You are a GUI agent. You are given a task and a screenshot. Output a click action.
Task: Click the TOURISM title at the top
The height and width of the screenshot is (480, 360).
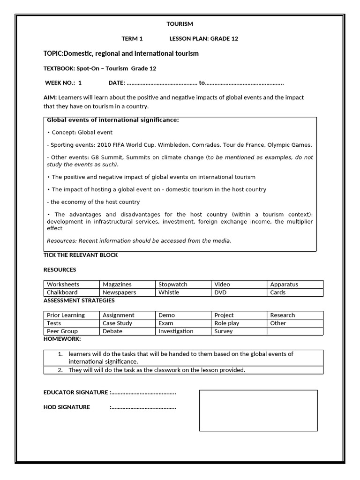pos(180,24)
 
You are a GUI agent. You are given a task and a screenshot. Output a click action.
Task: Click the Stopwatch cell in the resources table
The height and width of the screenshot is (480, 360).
pos(183,284)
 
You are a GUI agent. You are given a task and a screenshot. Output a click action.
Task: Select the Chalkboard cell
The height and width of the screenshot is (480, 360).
pos(72,292)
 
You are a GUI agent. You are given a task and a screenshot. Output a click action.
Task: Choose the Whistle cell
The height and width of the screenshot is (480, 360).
pos(183,292)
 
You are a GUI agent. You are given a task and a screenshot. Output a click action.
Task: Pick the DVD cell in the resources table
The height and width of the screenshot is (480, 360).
pos(239,292)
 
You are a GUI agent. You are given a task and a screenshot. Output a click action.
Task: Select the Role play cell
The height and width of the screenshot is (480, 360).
pos(239,323)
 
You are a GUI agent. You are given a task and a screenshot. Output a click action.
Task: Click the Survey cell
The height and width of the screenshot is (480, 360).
pos(239,331)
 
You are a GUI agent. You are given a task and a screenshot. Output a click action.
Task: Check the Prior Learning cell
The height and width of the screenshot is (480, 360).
pos(72,315)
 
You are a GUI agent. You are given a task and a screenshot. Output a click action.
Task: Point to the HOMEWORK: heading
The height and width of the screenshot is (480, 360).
pos(62,338)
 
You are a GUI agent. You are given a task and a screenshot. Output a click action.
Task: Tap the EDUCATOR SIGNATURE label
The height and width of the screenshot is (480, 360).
pos(76,392)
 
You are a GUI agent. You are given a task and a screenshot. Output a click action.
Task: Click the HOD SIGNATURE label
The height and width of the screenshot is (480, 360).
pos(67,407)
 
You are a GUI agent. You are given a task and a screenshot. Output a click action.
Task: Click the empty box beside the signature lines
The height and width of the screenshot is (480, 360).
pos(258,410)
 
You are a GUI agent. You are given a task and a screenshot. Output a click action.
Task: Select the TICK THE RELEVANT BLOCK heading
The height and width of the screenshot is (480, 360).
pos(81,255)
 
